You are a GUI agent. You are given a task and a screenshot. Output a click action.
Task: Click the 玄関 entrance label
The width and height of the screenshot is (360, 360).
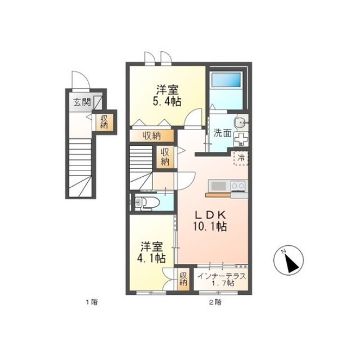tap(82, 102)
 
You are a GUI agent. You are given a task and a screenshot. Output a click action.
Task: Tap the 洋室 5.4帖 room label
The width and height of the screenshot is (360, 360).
tap(167, 95)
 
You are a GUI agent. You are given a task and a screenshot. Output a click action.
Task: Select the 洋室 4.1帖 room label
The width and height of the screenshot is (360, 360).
tap(151, 252)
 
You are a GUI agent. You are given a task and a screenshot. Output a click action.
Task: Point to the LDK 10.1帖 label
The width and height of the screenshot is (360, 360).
tap(210, 220)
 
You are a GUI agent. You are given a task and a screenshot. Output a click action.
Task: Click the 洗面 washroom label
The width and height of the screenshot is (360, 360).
tap(222, 133)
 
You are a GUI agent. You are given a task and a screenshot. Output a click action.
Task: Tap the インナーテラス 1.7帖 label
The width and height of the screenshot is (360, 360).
tap(222, 280)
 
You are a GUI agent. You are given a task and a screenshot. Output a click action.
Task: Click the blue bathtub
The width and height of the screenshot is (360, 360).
tap(226, 80)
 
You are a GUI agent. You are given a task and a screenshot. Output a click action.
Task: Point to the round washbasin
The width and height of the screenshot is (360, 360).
tap(240, 121)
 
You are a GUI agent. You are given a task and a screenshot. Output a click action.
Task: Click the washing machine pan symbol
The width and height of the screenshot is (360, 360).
tap(241, 139)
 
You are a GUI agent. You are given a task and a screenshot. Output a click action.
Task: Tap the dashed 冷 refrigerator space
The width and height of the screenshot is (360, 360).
tap(241, 158)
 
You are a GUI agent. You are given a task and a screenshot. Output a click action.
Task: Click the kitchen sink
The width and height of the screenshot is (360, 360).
tap(218, 186)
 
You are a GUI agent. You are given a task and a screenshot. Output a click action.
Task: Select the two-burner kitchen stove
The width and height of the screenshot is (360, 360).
tap(238, 185)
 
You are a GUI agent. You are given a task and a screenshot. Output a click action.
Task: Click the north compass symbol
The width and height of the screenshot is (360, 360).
tap(289, 260)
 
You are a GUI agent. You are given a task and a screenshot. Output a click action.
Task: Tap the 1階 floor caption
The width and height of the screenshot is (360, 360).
tap(92, 302)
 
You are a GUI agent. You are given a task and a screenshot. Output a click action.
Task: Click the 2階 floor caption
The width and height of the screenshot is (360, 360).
tap(215, 302)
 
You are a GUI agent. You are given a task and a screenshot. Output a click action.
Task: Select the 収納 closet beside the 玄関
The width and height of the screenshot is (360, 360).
tap(104, 122)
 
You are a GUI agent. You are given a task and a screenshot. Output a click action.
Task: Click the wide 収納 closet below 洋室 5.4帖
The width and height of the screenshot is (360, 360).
tap(152, 136)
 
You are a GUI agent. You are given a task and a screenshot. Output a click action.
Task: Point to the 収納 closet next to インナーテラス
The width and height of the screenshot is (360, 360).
tap(183, 279)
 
